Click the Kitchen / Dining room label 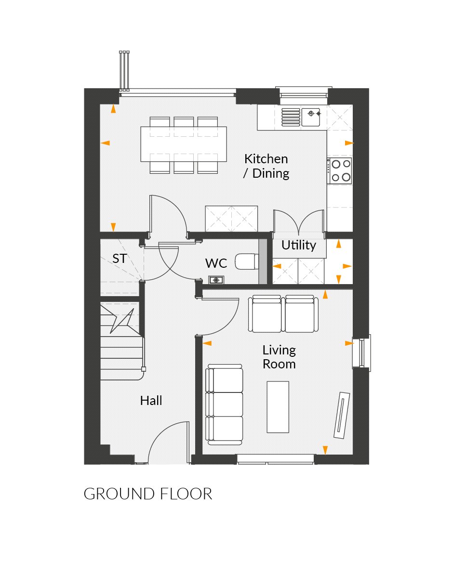[266, 166]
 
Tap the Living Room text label [279, 357]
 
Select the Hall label [151, 400]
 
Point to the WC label [216, 263]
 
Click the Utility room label [299, 245]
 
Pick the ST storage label [120, 259]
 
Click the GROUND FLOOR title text [148, 494]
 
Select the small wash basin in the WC [216, 280]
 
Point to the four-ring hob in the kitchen [340, 170]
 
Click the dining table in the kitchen [184, 144]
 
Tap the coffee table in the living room [278, 407]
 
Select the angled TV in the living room [341, 415]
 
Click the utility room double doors [298, 222]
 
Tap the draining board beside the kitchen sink [290, 117]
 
